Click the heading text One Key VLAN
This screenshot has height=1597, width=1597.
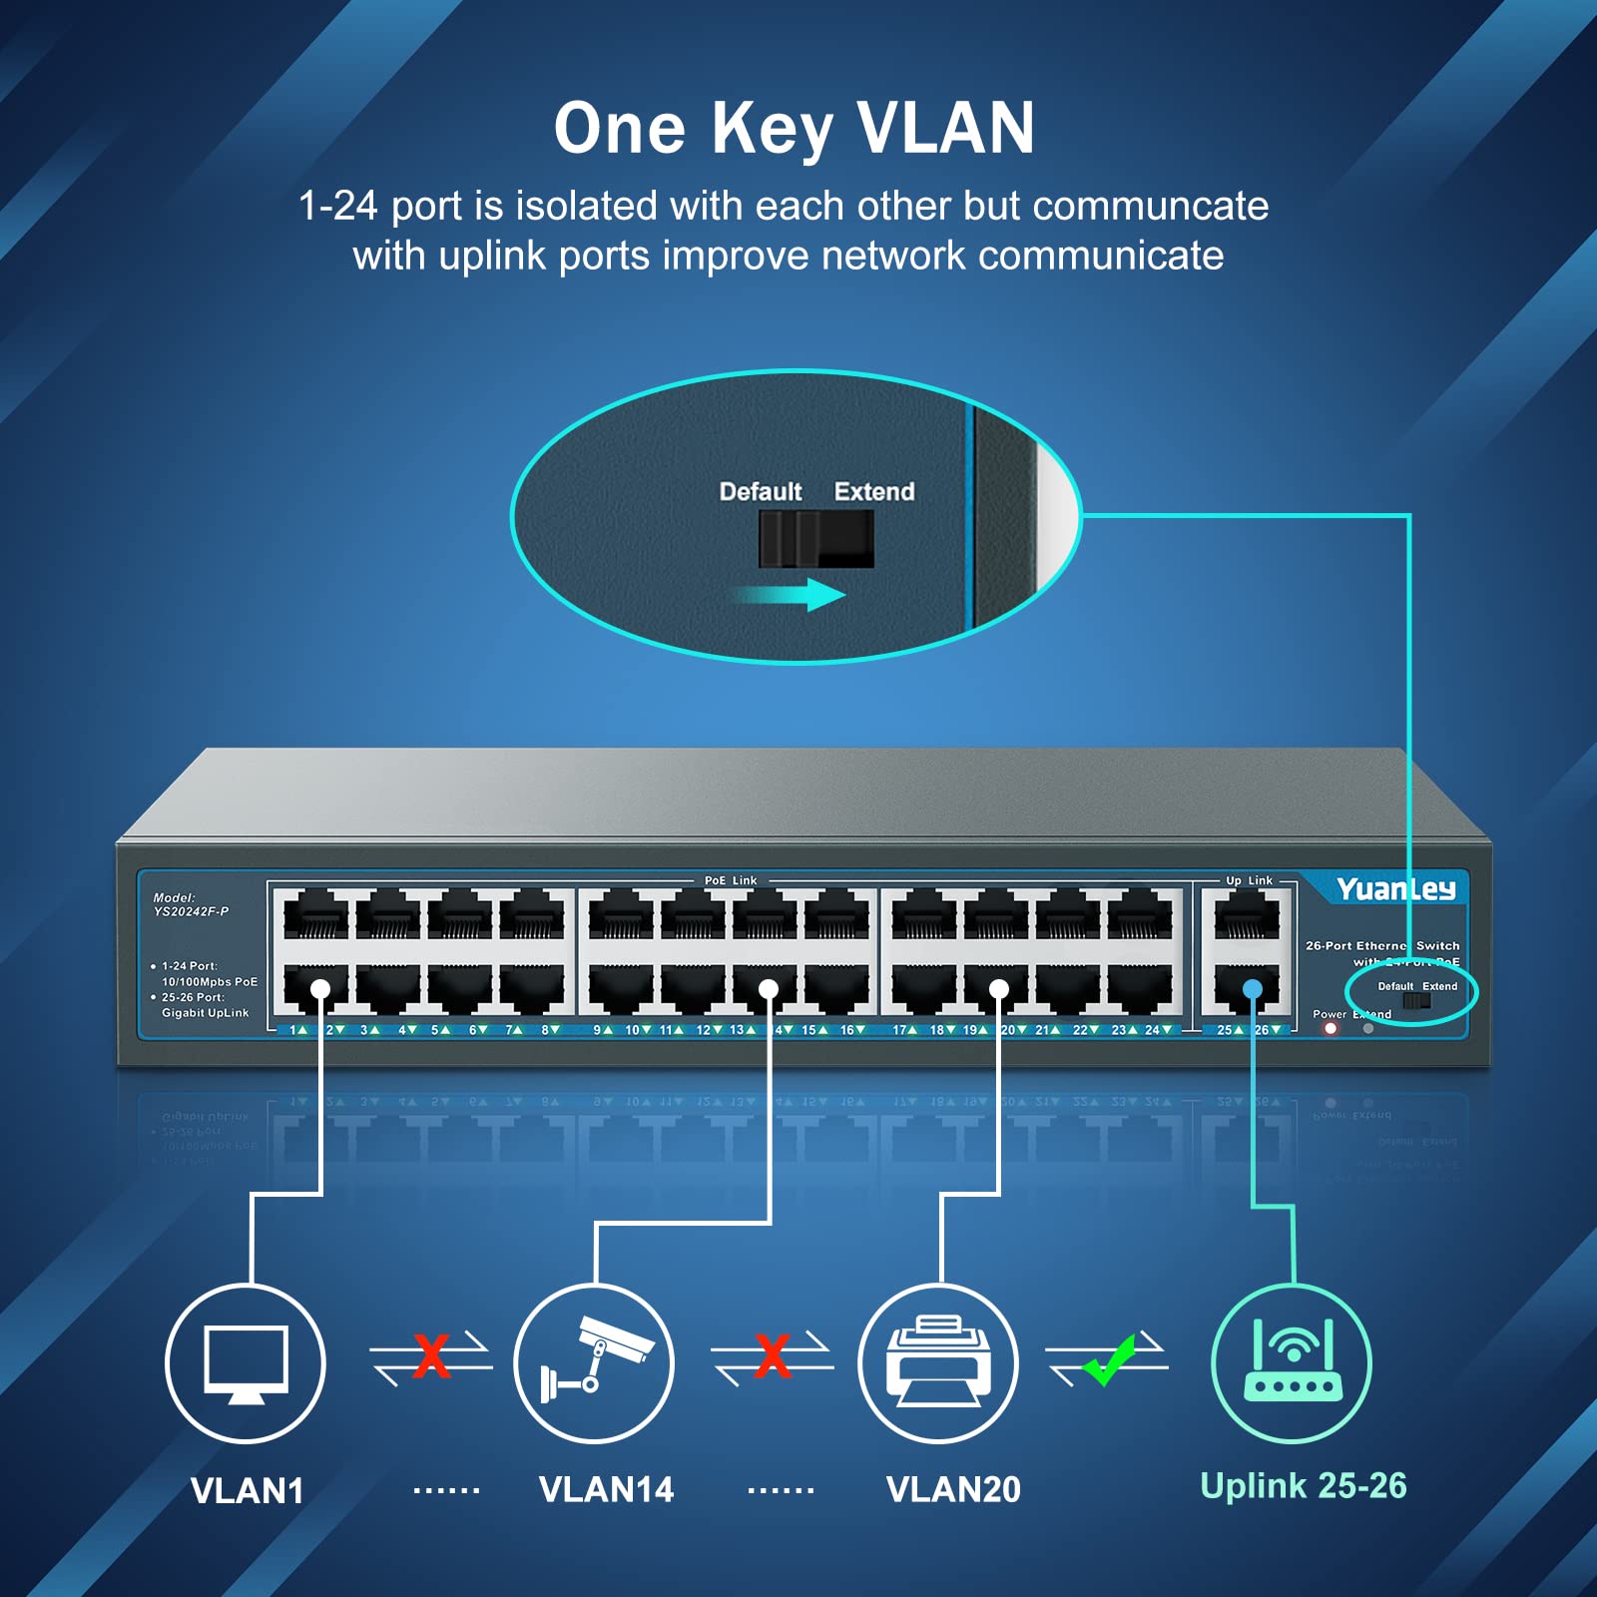(x=795, y=129)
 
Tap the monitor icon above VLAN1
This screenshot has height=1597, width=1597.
(x=246, y=1363)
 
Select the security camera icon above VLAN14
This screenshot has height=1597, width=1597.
(x=595, y=1363)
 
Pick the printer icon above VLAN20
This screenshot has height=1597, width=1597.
(x=938, y=1363)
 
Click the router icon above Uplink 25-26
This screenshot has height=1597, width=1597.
(x=1293, y=1363)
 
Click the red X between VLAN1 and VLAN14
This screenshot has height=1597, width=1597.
(x=431, y=1356)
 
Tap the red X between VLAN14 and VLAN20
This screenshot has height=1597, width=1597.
(x=774, y=1356)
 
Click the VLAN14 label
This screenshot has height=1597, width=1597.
(x=606, y=1489)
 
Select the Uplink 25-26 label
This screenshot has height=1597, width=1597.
(x=1303, y=1485)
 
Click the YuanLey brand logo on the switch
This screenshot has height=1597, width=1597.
(x=1395, y=888)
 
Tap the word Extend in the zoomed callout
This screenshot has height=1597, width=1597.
(x=874, y=491)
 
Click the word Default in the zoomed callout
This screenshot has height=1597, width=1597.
(x=761, y=491)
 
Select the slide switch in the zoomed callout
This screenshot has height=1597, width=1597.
(x=815, y=539)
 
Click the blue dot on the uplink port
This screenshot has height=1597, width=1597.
(x=1252, y=989)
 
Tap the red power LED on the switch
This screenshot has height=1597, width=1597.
(x=1331, y=1029)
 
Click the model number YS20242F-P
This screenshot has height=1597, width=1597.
(x=191, y=911)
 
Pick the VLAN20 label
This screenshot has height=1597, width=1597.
(x=953, y=1489)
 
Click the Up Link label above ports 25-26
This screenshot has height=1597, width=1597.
(x=1249, y=880)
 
